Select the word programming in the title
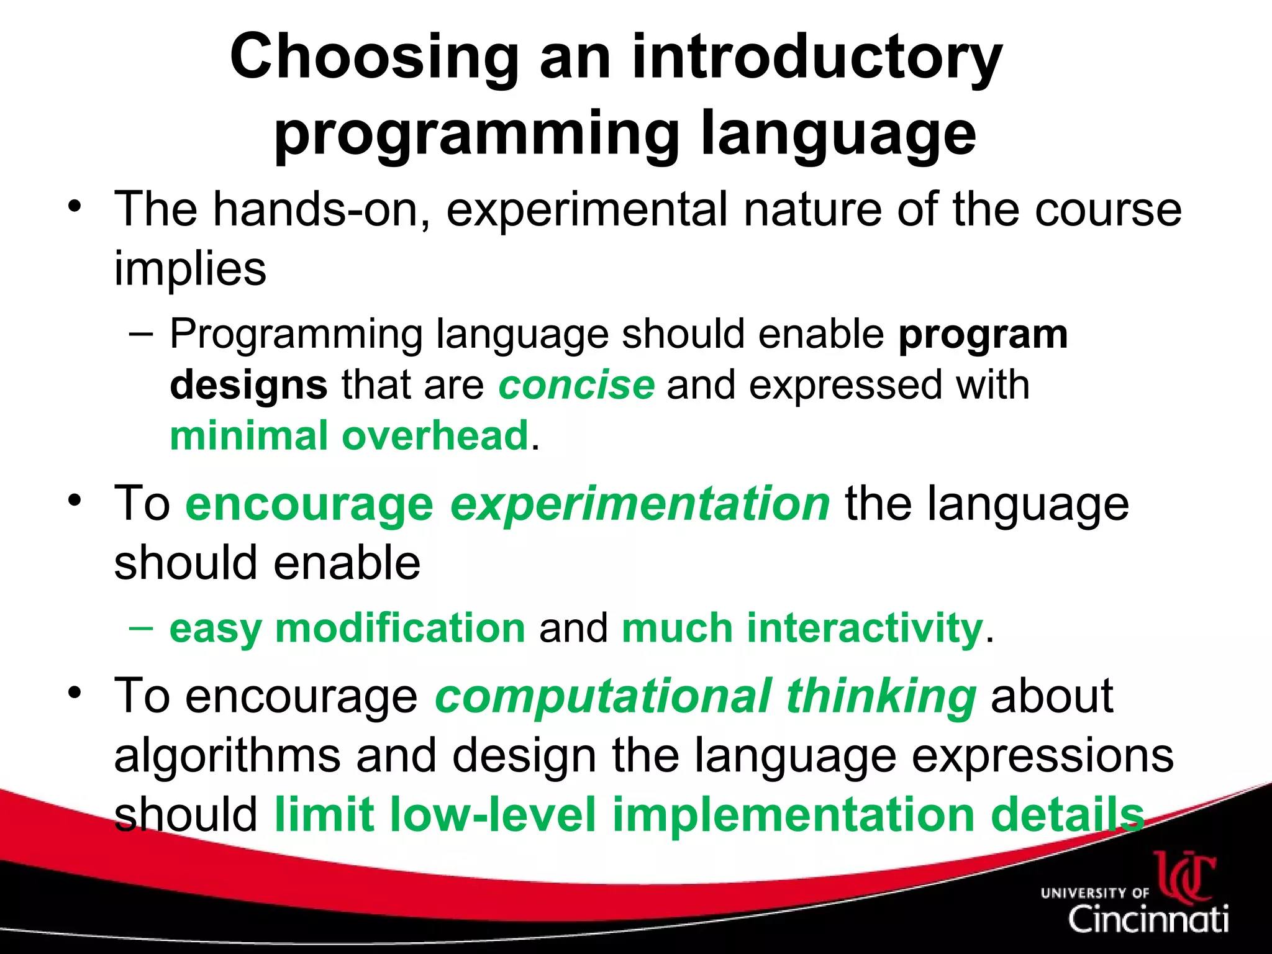tap(476, 134)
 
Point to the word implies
tap(190, 268)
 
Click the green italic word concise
tap(576, 384)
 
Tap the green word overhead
tap(435, 435)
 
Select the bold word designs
tap(248, 384)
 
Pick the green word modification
tap(401, 628)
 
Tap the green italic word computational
tap(603, 696)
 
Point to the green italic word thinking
tap(881, 696)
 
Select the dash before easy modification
tap(142, 627)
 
